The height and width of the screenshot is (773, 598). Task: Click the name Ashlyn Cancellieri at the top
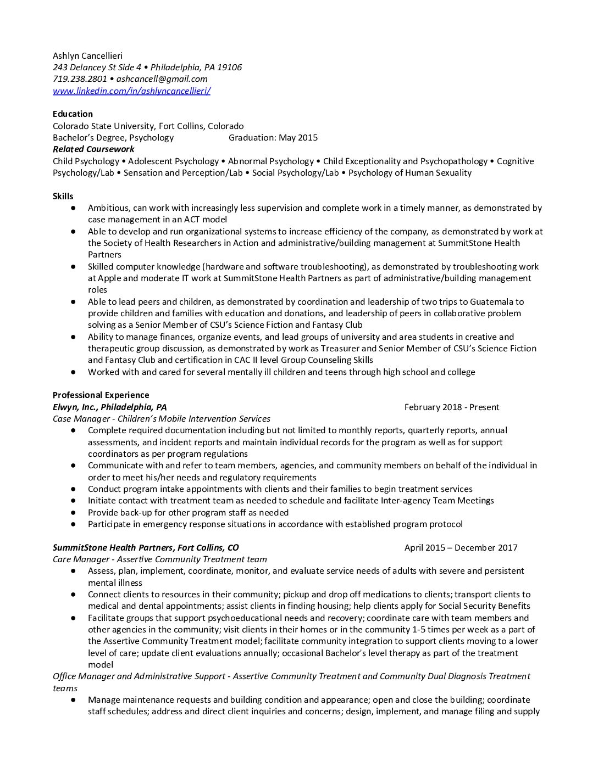[87, 55]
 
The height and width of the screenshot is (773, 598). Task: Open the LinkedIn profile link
[131, 91]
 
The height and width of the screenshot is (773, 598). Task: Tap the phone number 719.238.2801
[80, 79]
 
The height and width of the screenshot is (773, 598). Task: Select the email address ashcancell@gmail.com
[162, 79]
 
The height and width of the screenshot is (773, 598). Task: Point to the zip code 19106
[229, 68]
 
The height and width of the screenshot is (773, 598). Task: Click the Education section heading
[73, 114]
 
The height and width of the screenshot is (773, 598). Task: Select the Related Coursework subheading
[93, 149]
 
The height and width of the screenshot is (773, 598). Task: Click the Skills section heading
[63, 196]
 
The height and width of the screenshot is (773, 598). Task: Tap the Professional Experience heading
[101, 395]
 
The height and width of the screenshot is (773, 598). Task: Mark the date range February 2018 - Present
[452, 407]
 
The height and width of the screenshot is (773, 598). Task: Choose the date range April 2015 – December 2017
[461, 548]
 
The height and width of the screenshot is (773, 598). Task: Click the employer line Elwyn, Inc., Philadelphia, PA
[109, 407]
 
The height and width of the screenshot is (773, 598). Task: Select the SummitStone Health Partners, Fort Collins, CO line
[146, 548]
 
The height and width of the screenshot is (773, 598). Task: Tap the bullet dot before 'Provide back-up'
[73, 513]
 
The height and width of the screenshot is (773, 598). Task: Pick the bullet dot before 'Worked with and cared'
[73, 372]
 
